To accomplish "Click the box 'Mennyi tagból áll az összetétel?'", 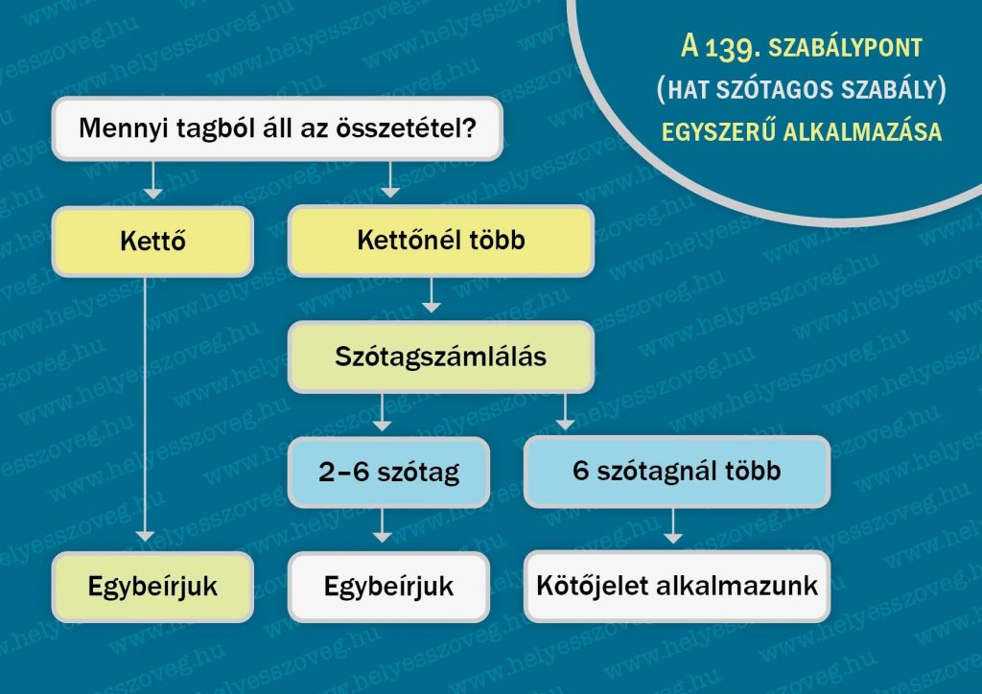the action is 277,128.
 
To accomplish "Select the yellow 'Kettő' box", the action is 152,241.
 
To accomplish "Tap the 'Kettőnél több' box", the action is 441,241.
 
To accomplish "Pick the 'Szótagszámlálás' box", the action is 441,358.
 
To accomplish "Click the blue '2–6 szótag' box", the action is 389,472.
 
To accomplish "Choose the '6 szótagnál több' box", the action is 677,472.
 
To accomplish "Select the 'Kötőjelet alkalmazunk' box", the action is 677,587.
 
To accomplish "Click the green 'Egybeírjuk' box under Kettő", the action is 152,587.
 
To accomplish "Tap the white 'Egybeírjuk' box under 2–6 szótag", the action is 389,587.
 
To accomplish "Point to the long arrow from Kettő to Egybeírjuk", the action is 145,409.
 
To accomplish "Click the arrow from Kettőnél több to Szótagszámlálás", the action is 431,294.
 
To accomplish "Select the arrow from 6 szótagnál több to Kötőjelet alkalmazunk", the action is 673,525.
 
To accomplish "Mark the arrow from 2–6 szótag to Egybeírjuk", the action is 382,525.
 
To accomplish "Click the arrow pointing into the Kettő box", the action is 152,180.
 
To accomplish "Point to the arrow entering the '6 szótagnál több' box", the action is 566,412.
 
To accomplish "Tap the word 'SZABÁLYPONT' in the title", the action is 846,48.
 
